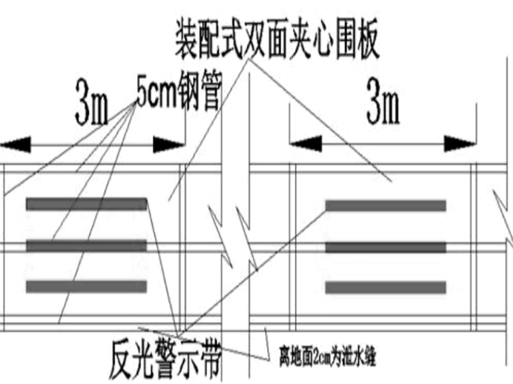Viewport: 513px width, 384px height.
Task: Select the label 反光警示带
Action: (165, 360)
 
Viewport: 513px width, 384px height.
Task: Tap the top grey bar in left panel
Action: (86, 204)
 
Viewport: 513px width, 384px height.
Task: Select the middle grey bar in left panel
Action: (86, 246)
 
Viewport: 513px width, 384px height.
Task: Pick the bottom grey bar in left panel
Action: (86, 286)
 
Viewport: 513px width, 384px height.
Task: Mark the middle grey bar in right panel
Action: (385, 247)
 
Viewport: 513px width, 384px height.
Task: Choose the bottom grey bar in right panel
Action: (385, 288)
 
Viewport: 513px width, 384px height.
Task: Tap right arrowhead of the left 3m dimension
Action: (169, 144)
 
